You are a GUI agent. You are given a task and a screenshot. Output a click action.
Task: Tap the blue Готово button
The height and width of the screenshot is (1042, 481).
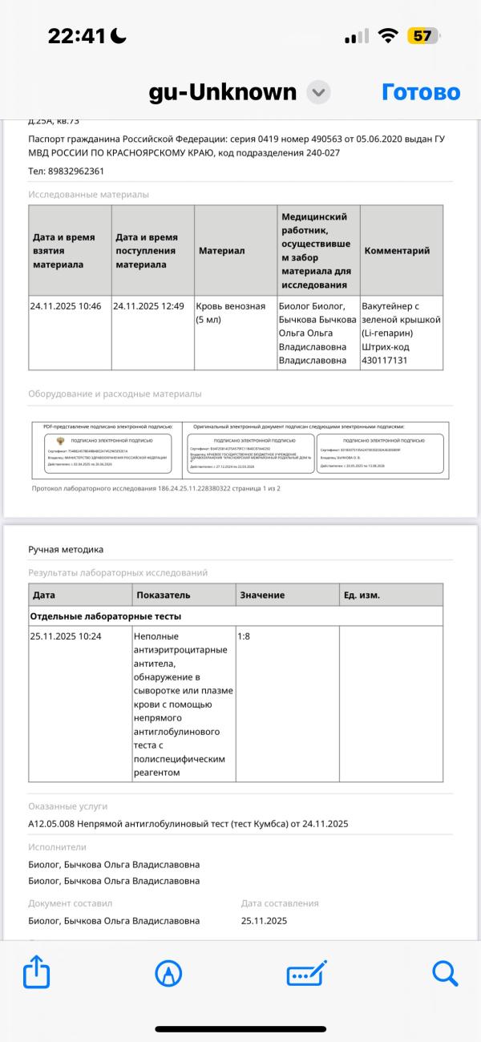pyautogui.click(x=421, y=92)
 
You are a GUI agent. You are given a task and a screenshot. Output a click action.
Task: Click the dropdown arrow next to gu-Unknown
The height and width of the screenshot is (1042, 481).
pyautogui.click(x=318, y=93)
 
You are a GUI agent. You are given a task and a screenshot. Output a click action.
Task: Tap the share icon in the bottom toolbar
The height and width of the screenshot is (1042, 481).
pyautogui.click(x=37, y=974)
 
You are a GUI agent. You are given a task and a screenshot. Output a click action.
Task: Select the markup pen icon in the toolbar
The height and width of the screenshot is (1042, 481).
pyautogui.click(x=168, y=974)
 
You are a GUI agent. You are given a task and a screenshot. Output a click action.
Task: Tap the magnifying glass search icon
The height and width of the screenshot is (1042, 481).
pyautogui.click(x=444, y=974)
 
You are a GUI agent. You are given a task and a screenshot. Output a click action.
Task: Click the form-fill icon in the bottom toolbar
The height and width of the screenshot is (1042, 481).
pyautogui.click(x=306, y=974)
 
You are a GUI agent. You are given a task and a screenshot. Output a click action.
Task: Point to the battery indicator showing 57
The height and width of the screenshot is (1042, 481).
pyautogui.click(x=423, y=36)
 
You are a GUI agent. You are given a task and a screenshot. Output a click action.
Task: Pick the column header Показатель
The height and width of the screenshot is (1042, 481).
pyautogui.click(x=164, y=596)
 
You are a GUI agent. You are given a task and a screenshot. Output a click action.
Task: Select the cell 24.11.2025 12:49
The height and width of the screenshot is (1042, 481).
pyautogui.click(x=149, y=305)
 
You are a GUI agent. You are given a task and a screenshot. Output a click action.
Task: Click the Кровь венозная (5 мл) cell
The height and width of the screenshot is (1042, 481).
pyautogui.click(x=231, y=313)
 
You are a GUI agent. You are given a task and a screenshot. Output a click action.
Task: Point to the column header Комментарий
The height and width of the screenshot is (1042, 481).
pyautogui.click(x=397, y=251)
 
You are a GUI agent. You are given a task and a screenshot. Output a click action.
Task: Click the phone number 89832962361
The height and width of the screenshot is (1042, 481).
pyautogui.click(x=75, y=171)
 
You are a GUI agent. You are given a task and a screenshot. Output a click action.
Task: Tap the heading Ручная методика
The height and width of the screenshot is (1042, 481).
pyautogui.click(x=66, y=549)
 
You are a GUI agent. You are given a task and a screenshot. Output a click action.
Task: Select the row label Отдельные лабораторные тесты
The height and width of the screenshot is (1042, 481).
pyautogui.click(x=105, y=616)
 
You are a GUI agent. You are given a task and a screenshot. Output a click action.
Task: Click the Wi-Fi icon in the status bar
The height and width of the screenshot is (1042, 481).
pyautogui.click(x=389, y=36)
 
